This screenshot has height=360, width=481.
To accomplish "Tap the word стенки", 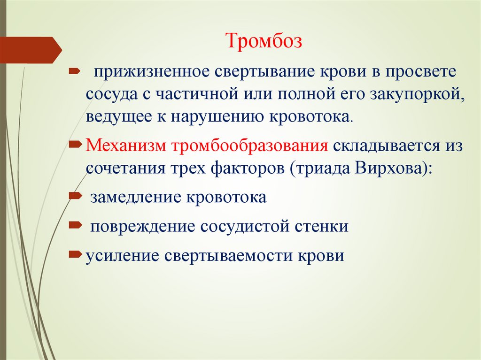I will click(320, 227).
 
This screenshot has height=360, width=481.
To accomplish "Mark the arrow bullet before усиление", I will click(74, 255).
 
